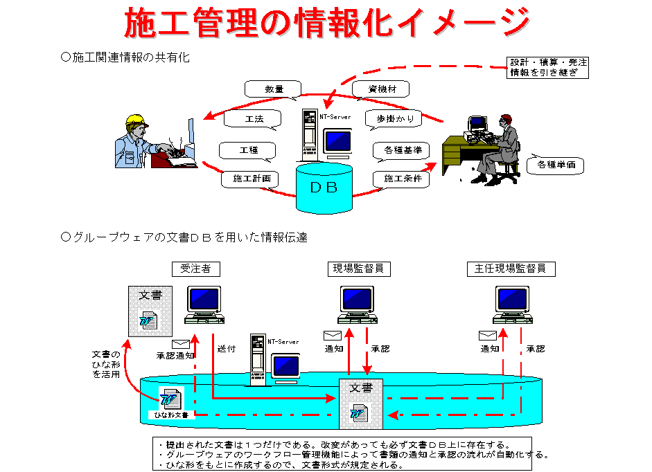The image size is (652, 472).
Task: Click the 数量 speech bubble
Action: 274,89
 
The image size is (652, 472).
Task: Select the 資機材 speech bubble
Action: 380,89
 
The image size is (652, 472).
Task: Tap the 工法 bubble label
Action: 254,119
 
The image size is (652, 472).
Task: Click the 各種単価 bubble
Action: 555,165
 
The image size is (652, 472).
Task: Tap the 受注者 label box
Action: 195,268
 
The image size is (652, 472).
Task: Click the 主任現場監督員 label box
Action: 511,268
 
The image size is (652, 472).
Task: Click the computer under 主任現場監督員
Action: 513,305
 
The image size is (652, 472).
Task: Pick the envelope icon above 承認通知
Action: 181,344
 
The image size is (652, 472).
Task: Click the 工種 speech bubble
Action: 248,150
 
